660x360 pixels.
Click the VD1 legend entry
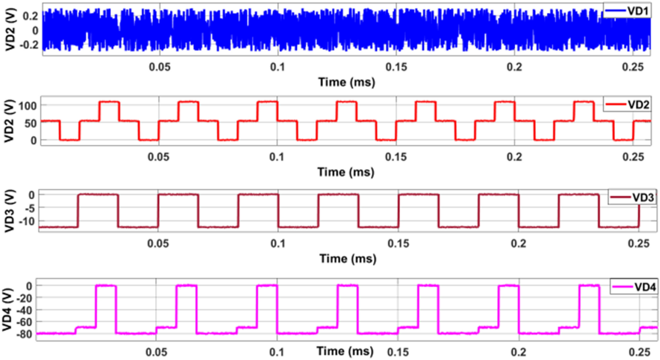click(x=627, y=11)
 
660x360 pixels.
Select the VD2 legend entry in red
click(x=627, y=105)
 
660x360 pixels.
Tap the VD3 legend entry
click(x=632, y=198)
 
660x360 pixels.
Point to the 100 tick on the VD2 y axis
click(x=28, y=106)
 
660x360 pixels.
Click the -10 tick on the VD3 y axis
click(x=26, y=221)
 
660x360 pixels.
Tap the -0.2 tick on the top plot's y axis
click(x=29, y=45)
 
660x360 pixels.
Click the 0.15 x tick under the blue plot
click(x=396, y=67)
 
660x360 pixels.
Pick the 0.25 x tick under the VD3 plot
click(x=639, y=244)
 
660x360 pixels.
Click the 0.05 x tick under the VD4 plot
click(x=156, y=352)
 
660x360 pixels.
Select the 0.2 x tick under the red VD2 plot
click(x=514, y=157)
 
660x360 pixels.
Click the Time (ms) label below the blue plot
click(x=346, y=82)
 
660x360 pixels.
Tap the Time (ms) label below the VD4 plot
click(x=345, y=351)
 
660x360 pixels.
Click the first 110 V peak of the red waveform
click(x=109, y=102)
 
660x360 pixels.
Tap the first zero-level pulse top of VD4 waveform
click(x=106, y=286)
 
